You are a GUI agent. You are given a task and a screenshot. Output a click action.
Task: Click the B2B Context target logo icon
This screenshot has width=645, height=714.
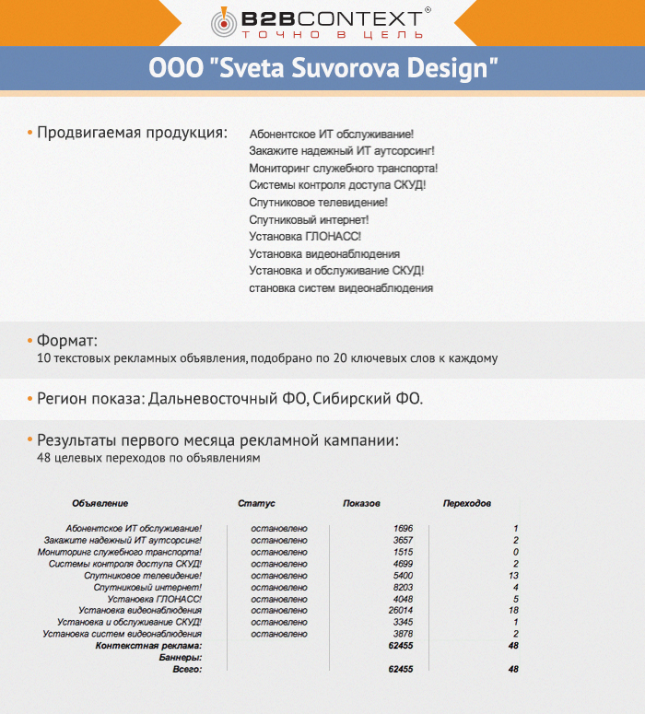(225, 20)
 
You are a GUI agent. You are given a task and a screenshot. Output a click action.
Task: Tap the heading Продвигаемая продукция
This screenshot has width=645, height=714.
(132, 133)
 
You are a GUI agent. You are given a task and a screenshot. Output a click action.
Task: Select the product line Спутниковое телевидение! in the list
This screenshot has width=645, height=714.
(318, 203)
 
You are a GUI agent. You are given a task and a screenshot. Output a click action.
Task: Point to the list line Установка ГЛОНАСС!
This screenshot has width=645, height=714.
(305, 237)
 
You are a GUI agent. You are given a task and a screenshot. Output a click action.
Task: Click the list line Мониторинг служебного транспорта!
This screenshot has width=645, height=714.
(343, 169)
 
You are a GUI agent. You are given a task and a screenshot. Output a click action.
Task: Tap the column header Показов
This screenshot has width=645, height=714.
(361, 504)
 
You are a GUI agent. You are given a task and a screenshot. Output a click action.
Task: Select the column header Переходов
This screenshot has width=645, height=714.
(466, 504)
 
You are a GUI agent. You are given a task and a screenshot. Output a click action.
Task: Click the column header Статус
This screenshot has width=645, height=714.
(256, 504)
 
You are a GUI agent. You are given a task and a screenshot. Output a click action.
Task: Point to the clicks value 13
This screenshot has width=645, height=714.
(513, 575)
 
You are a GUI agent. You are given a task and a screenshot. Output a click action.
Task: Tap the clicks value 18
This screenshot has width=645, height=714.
(513, 611)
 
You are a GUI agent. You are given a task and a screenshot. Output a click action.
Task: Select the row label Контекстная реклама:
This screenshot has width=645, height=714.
(148, 646)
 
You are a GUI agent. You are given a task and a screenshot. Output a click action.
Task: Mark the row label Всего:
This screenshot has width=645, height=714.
(187, 670)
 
